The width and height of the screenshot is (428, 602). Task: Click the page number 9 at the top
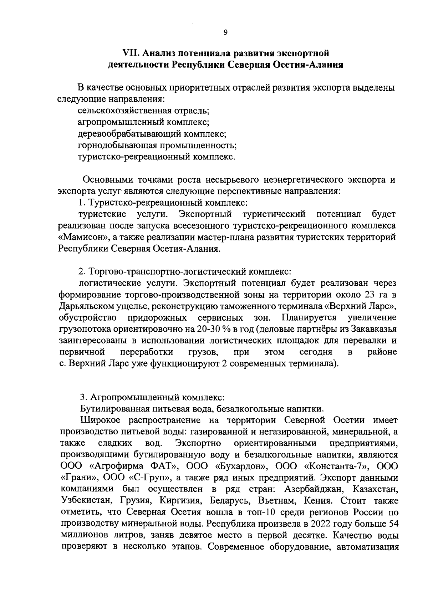click(x=225, y=32)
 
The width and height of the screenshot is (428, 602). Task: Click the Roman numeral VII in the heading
click(x=131, y=53)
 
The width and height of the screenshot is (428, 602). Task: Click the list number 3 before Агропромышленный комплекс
click(x=82, y=397)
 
